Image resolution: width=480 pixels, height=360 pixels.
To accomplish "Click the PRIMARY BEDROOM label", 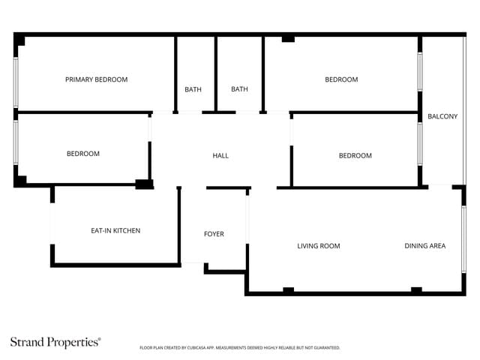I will (x=96, y=79).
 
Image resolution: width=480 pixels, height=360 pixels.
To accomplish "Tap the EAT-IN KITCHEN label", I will (x=115, y=230).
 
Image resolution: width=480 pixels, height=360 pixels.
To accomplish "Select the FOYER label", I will (x=214, y=234).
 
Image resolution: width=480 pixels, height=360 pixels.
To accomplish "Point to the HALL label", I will (x=220, y=156).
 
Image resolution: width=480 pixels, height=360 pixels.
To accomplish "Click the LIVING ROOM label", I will (x=319, y=246).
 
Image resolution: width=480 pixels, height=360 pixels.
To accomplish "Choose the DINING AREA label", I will (x=425, y=246).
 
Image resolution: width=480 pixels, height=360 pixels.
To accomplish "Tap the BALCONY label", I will (x=442, y=116).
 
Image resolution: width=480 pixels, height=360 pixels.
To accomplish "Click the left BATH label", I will (x=193, y=90).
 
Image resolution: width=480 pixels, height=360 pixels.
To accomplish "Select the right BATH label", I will (x=239, y=90).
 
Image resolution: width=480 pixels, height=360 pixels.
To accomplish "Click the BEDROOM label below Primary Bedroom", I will (x=83, y=154).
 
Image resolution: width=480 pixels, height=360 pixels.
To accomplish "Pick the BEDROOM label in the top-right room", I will (x=341, y=79).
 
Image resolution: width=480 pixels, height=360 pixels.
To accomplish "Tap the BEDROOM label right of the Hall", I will (x=355, y=156).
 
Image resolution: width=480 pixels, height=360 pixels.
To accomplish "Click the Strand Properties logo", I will (x=55, y=342).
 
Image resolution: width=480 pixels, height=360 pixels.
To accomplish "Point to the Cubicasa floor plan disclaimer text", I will (x=240, y=348).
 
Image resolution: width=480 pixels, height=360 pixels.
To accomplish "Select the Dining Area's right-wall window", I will (x=463, y=238).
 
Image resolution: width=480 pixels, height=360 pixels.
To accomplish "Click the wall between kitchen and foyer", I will (x=179, y=225).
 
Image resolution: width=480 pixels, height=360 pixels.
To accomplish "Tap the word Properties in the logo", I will (x=74, y=343).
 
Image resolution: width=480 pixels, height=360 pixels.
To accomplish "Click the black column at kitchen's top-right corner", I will (x=144, y=184).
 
